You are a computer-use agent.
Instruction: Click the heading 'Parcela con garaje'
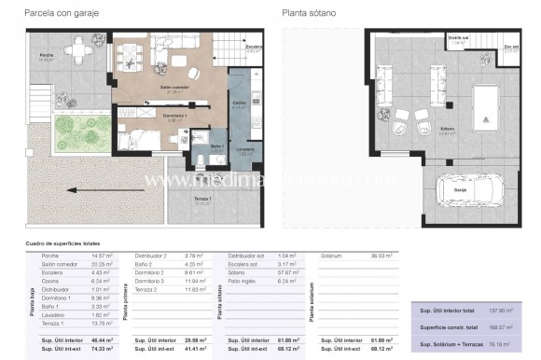(x=47, y=12)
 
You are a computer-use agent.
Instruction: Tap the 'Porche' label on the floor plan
(x=45, y=56)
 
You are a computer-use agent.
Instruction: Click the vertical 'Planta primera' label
(x=126, y=303)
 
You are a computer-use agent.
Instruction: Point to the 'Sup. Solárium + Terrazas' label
(x=446, y=343)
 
